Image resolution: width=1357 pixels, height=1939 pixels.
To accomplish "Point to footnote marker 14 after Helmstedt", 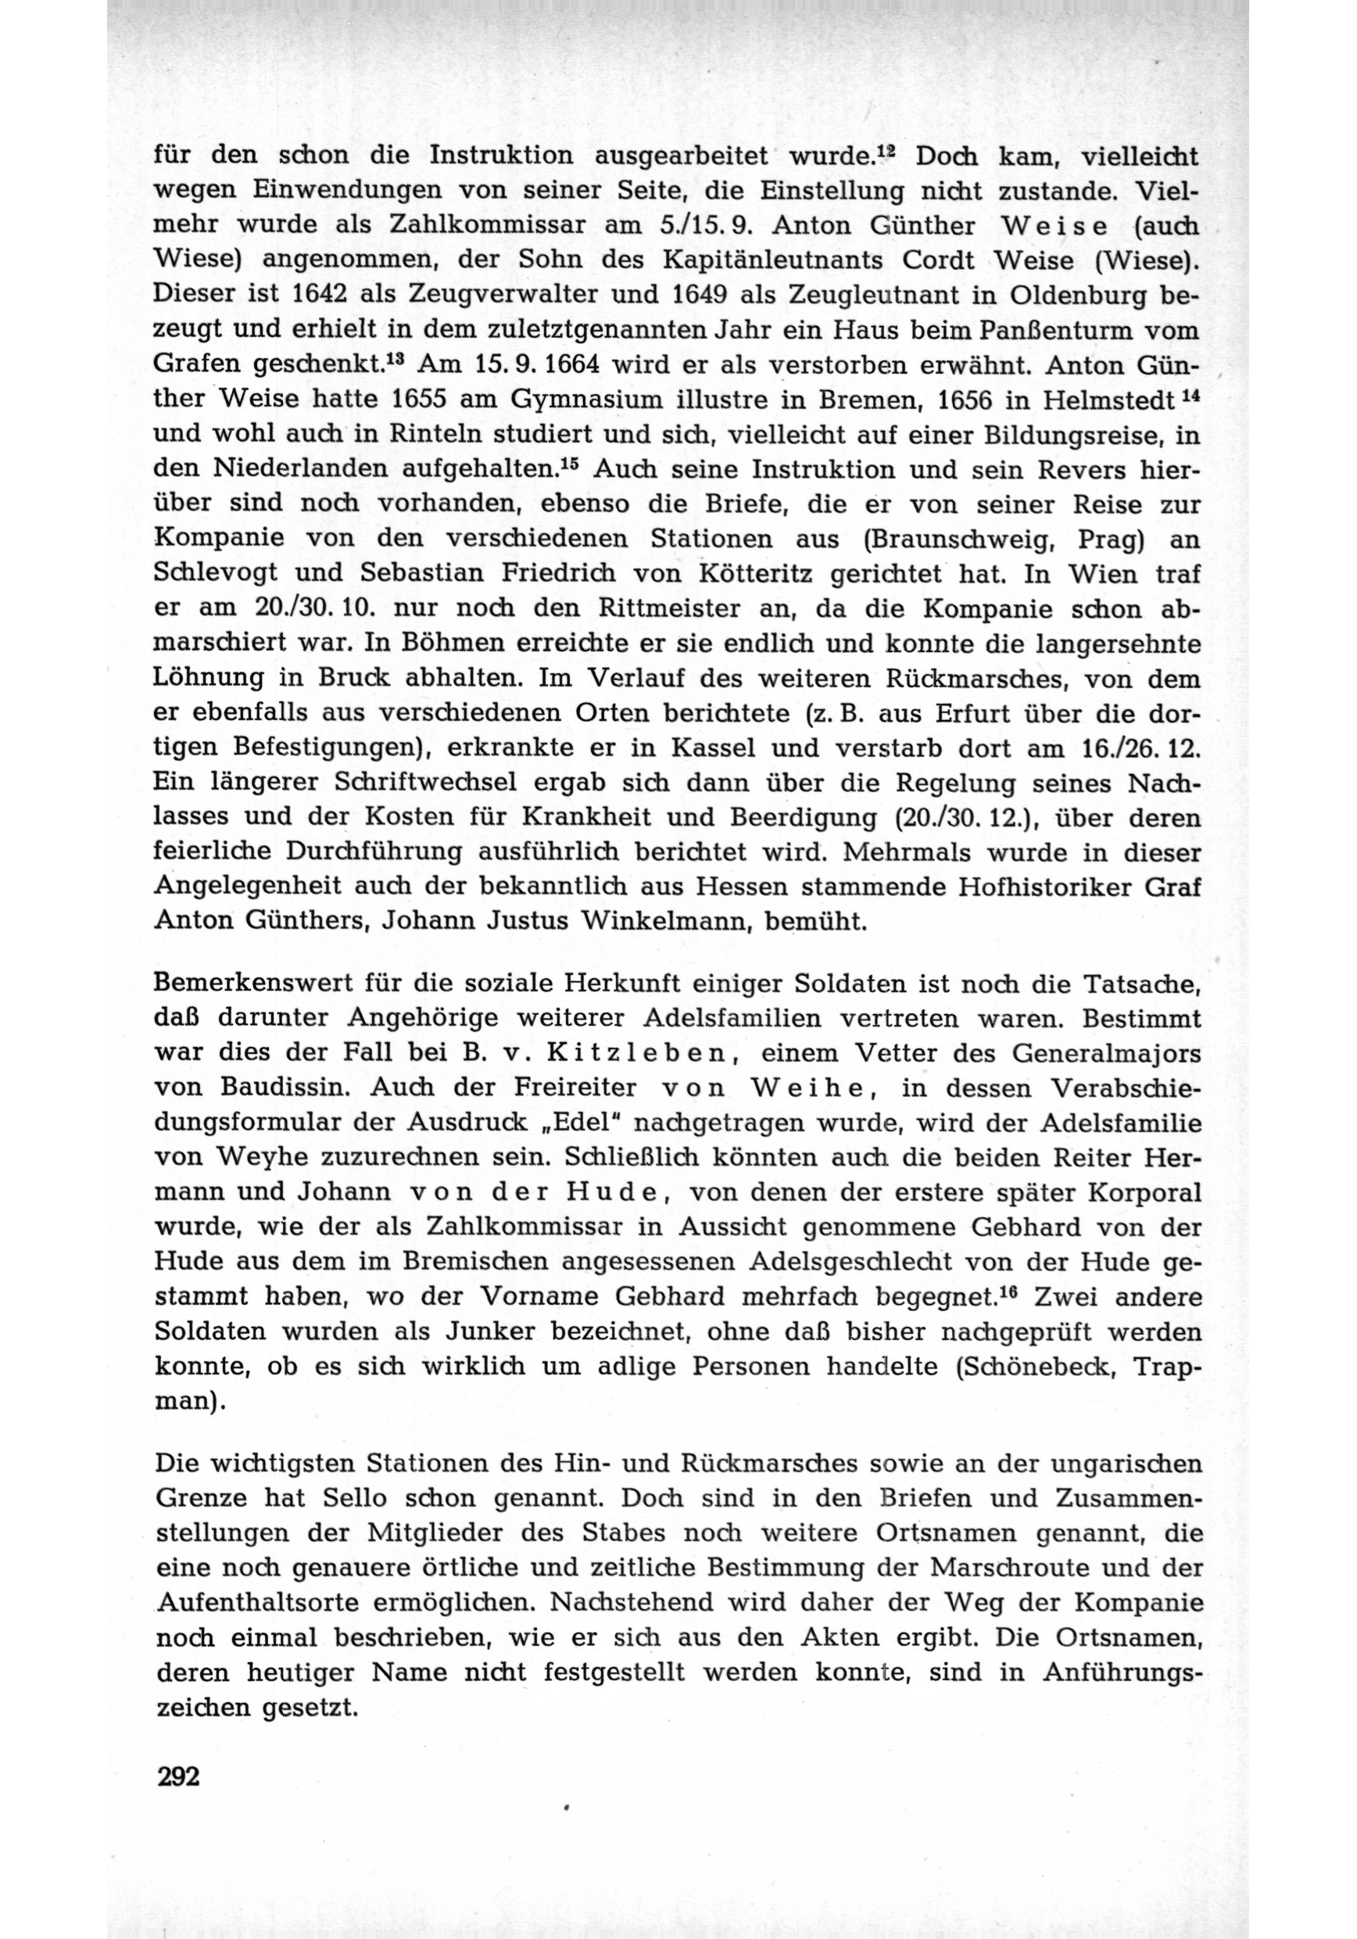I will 1190,392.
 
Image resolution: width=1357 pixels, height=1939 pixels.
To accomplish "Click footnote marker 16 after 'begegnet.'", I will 1002,1292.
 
